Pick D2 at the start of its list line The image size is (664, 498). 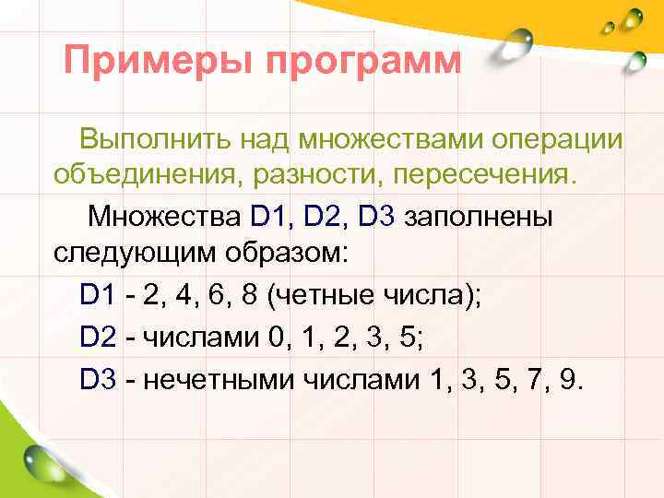97,338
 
